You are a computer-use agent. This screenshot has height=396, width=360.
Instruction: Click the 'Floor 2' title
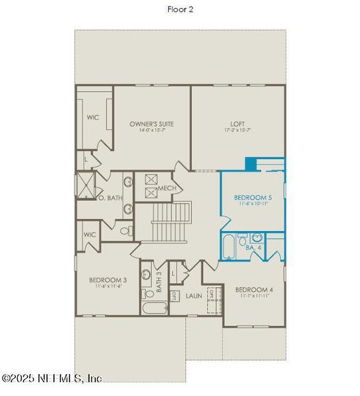point(180,9)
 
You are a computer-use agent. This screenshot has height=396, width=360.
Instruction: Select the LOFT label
point(237,123)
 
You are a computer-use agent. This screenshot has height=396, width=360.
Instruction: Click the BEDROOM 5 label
point(252,197)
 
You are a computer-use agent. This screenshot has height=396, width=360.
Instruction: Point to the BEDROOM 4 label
point(254,289)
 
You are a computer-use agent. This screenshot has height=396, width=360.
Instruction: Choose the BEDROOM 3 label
point(108,280)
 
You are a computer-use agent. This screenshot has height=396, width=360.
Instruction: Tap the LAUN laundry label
point(193,296)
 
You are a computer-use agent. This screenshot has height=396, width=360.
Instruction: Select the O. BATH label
point(110,197)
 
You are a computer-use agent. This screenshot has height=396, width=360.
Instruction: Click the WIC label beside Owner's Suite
point(93,117)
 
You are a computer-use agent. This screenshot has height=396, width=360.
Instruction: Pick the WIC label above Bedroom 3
point(90,234)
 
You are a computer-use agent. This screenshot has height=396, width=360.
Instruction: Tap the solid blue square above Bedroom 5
point(251,164)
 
